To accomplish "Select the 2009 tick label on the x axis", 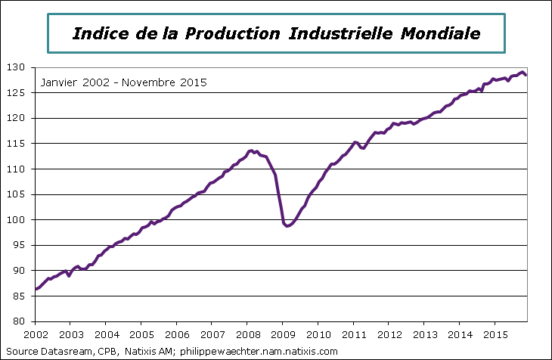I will click(x=283, y=334).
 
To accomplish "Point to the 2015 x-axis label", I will click(x=495, y=334).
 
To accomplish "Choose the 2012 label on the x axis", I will click(x=389, y=334).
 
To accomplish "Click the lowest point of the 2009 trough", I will click(x=287, y=226).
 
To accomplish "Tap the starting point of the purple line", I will click(x=36, y=289).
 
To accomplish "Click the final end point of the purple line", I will click(x=526, y=75).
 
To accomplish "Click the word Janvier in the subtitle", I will click(x=59, y=82).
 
